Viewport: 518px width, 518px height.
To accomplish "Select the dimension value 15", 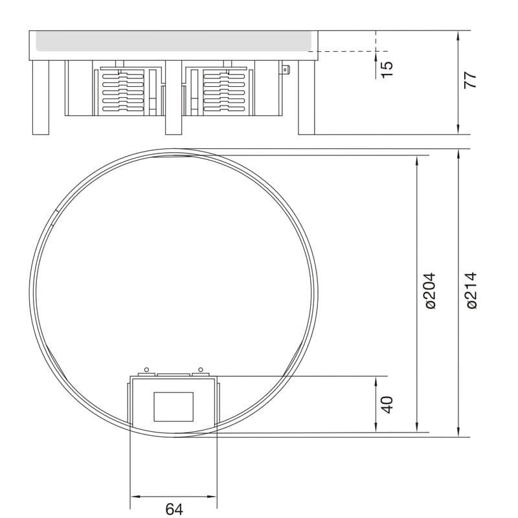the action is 387,69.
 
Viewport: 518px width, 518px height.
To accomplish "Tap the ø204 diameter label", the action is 431,291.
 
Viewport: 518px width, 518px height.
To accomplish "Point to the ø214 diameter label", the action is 472,290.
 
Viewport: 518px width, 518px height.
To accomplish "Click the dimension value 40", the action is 387,404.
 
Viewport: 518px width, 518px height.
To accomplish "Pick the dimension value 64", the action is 174,509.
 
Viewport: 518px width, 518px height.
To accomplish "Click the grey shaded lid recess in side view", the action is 174,41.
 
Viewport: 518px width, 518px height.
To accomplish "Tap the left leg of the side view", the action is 41,98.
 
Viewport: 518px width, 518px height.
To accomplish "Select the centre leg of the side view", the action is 174,98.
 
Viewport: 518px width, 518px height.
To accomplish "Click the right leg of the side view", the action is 306,98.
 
